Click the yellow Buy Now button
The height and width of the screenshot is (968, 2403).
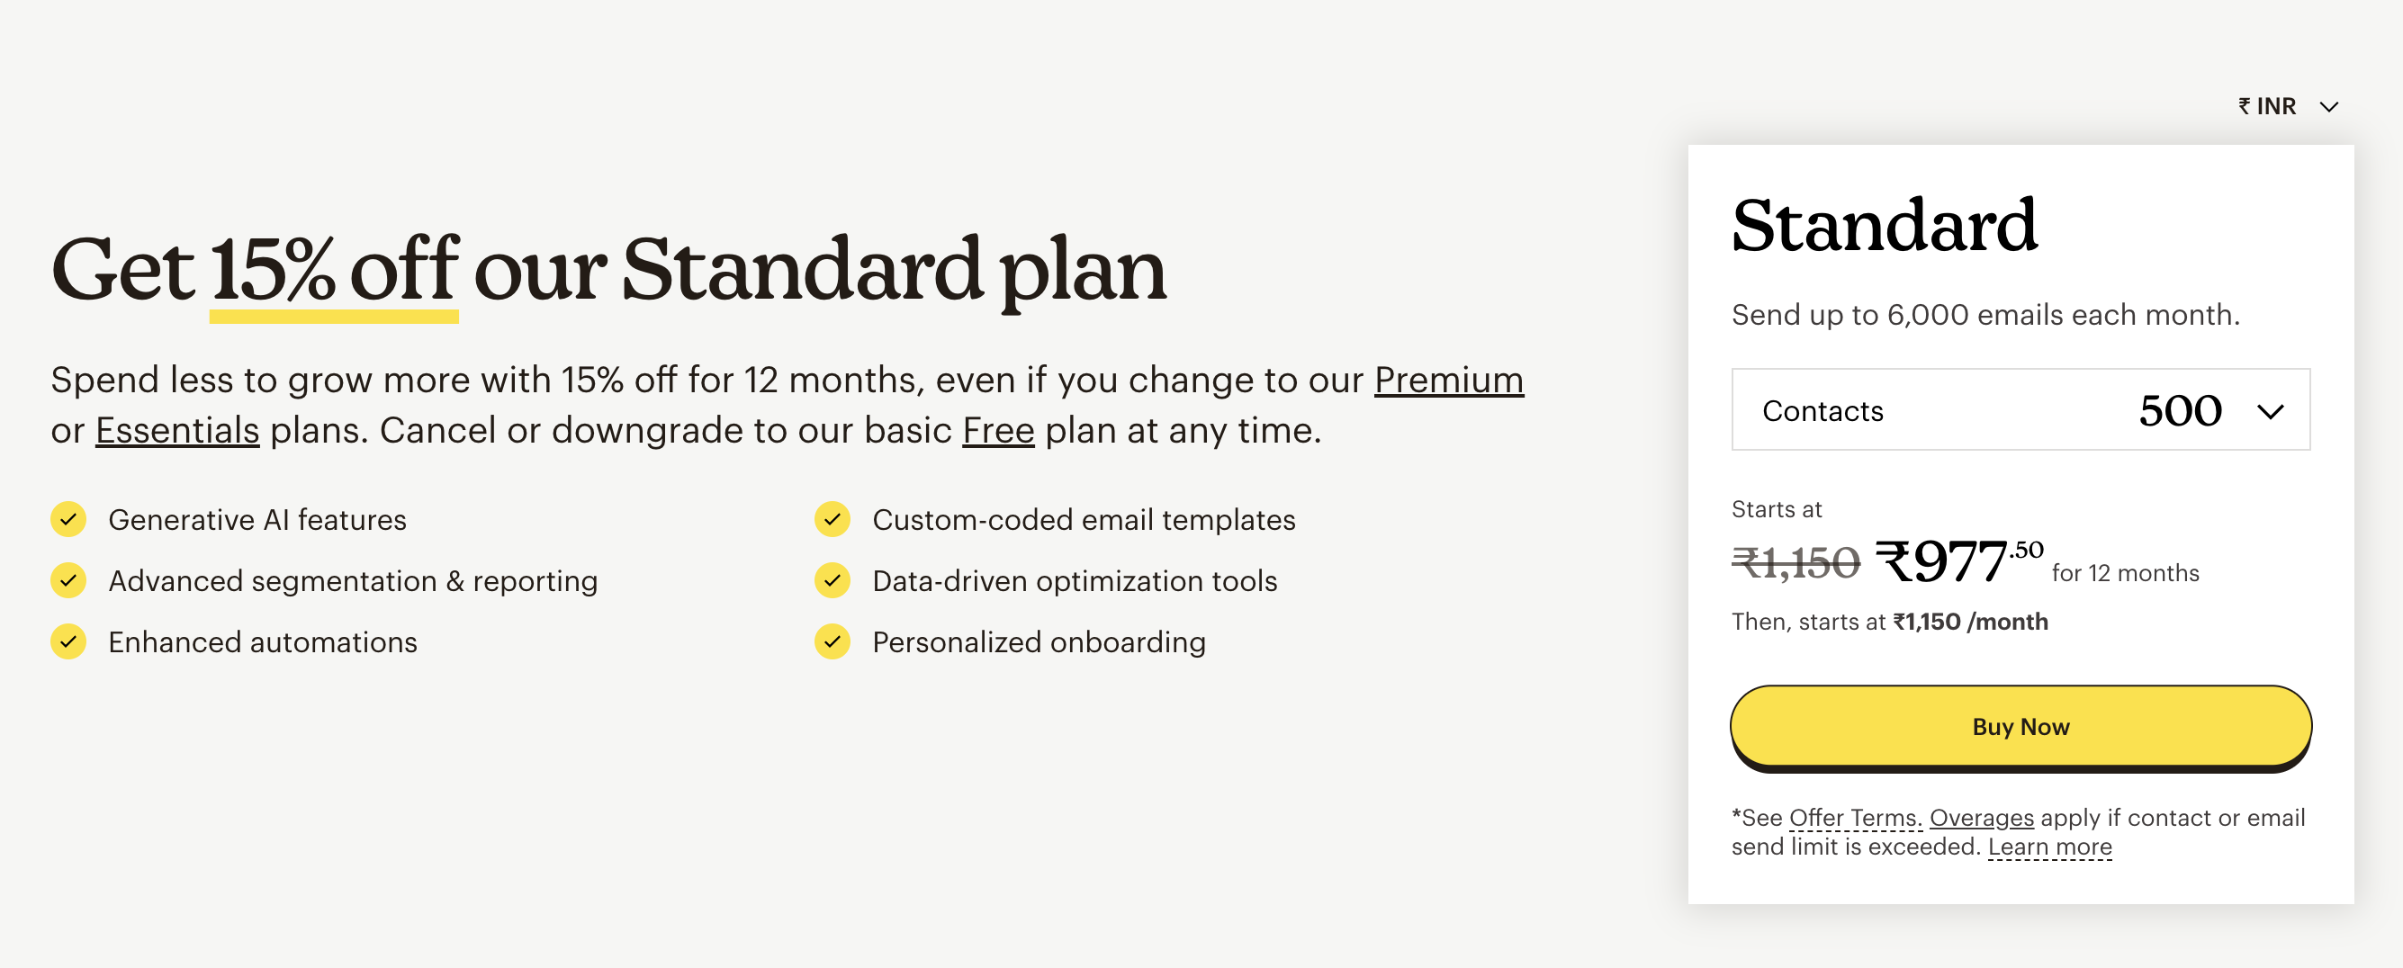point(2020,727)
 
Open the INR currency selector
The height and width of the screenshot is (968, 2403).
point(2287,106)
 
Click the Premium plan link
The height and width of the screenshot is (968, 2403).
point(1448,380)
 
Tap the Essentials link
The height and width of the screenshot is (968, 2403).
point(177,430)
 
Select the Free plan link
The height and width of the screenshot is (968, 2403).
point(998,430)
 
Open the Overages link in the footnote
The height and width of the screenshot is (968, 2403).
point(1982,818)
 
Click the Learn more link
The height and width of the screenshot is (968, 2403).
point(2049,847)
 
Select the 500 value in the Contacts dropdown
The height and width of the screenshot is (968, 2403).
point(2180,410)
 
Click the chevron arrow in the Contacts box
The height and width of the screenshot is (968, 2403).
point(2270,411)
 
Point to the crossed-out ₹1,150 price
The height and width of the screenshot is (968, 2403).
point(1795,563)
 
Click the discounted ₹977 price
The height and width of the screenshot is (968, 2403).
point(1943,561)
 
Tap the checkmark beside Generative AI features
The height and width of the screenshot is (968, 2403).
point(68,519)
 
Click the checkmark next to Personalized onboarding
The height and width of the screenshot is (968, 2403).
point(832,641)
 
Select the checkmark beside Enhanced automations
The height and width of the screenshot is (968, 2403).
point(68,641)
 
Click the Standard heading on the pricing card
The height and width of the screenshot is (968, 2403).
point(1885,226)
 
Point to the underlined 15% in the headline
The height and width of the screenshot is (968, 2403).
point(273,271)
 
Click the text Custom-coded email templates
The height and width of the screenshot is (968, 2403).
point(1083,519)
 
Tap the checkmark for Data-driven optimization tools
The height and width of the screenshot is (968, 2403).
point(832,581)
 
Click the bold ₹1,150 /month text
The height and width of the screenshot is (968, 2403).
point(1970,622)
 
